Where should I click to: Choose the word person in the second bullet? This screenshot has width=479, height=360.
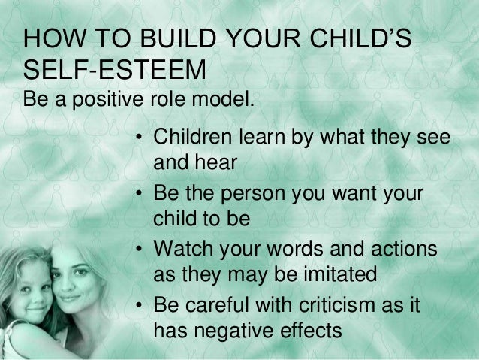pos(260,195)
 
